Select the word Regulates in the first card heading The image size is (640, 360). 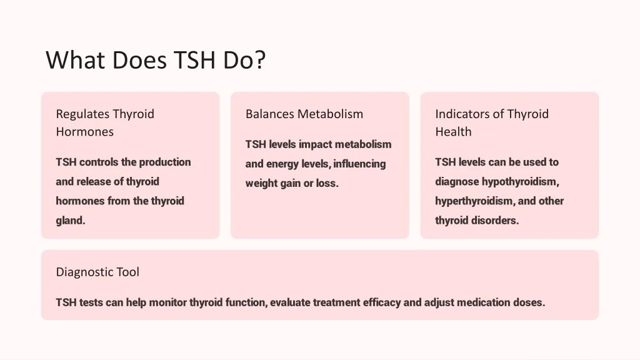click(x=82, y=114)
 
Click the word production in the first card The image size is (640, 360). click(x=165, y=162)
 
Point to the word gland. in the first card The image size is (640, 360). click(x=71, y=221)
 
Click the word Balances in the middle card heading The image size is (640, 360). click(x=269, y=114)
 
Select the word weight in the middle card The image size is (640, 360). click(x=261, y=184)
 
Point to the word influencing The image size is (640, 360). click(x=360, y=164)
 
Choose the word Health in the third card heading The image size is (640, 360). click(x=453, y=132)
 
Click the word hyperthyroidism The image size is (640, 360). click(x=475, y=201)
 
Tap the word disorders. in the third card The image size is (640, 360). click(x=495, y=221)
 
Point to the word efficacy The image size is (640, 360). click(x=379, y=302)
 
